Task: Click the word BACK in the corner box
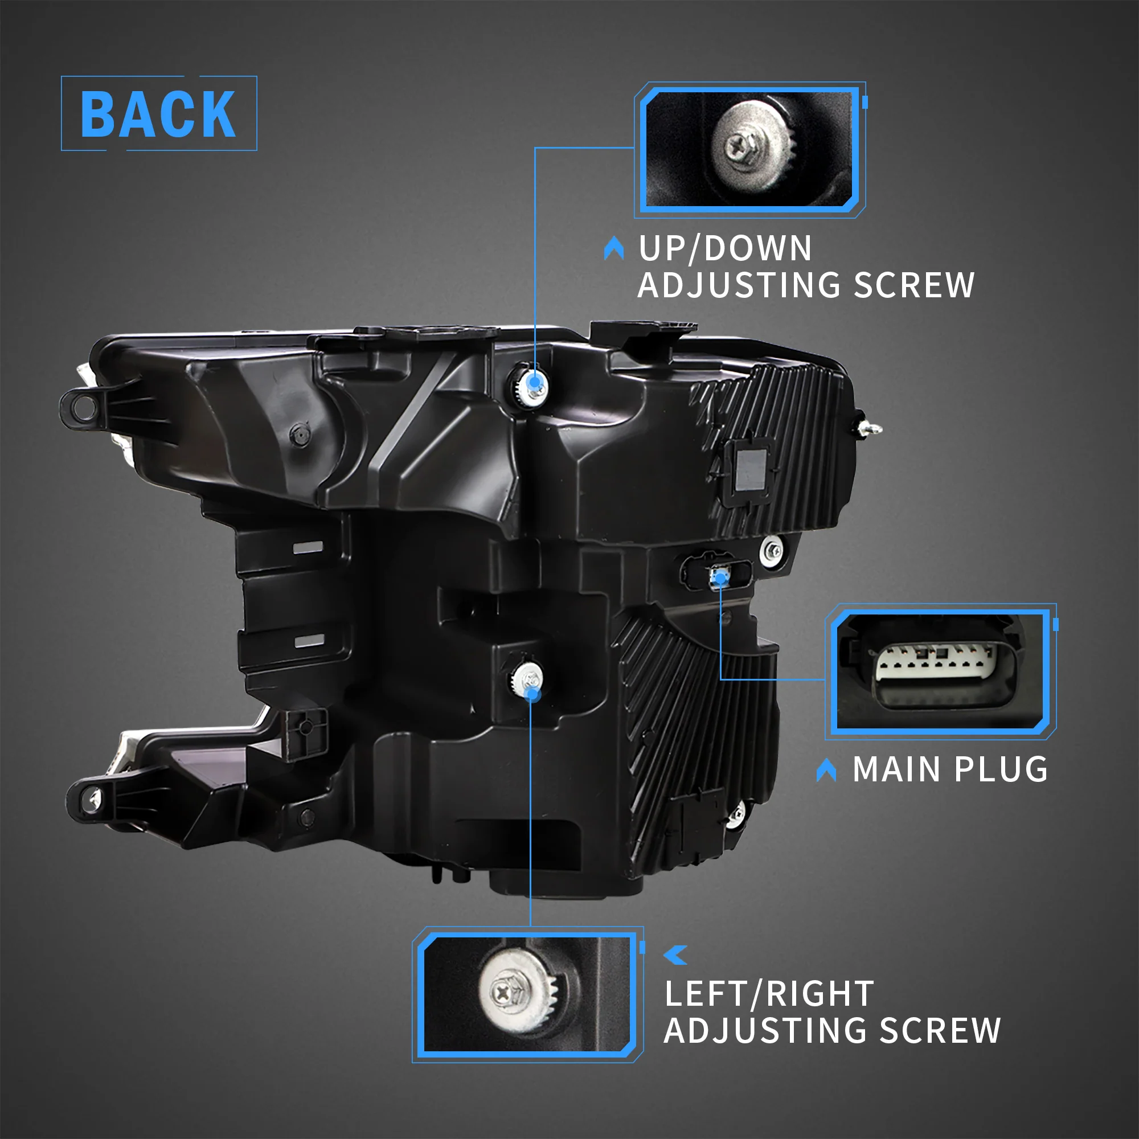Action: [158, 114]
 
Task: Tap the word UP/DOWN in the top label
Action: [725, 248]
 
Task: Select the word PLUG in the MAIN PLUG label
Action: [1001, 769]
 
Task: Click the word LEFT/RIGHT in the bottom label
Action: [769, 994]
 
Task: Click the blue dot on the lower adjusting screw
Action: [532, 694]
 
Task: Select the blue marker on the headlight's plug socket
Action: [720, 579]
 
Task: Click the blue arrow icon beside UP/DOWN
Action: [614, 248]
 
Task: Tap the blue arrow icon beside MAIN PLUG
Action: [826, 770]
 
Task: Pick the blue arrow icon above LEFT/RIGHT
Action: [676, 955]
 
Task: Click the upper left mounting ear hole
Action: [84, 408]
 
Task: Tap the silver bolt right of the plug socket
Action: [772, 551]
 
